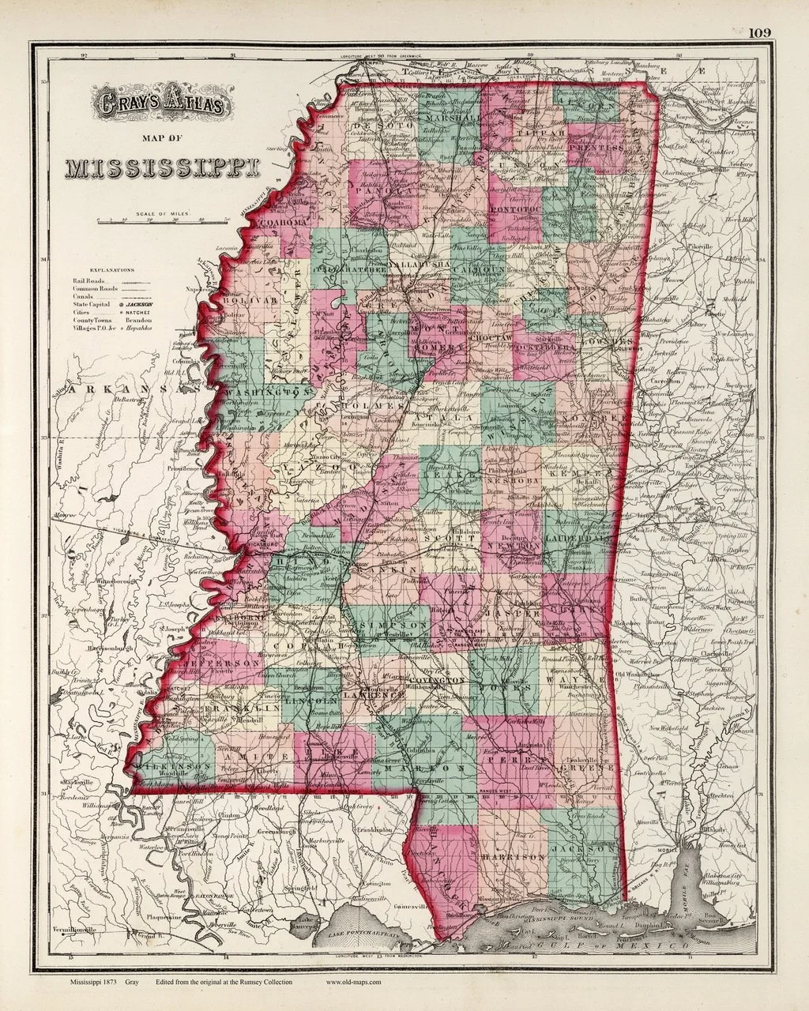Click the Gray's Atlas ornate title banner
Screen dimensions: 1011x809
point(161,103)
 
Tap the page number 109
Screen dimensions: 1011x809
point(761,32)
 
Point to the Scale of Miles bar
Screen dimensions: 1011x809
point(161,223)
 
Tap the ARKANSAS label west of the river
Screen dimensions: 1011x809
point(119,389)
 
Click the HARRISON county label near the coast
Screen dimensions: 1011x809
point(514,856)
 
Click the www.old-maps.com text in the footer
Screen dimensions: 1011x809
point(354,982)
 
